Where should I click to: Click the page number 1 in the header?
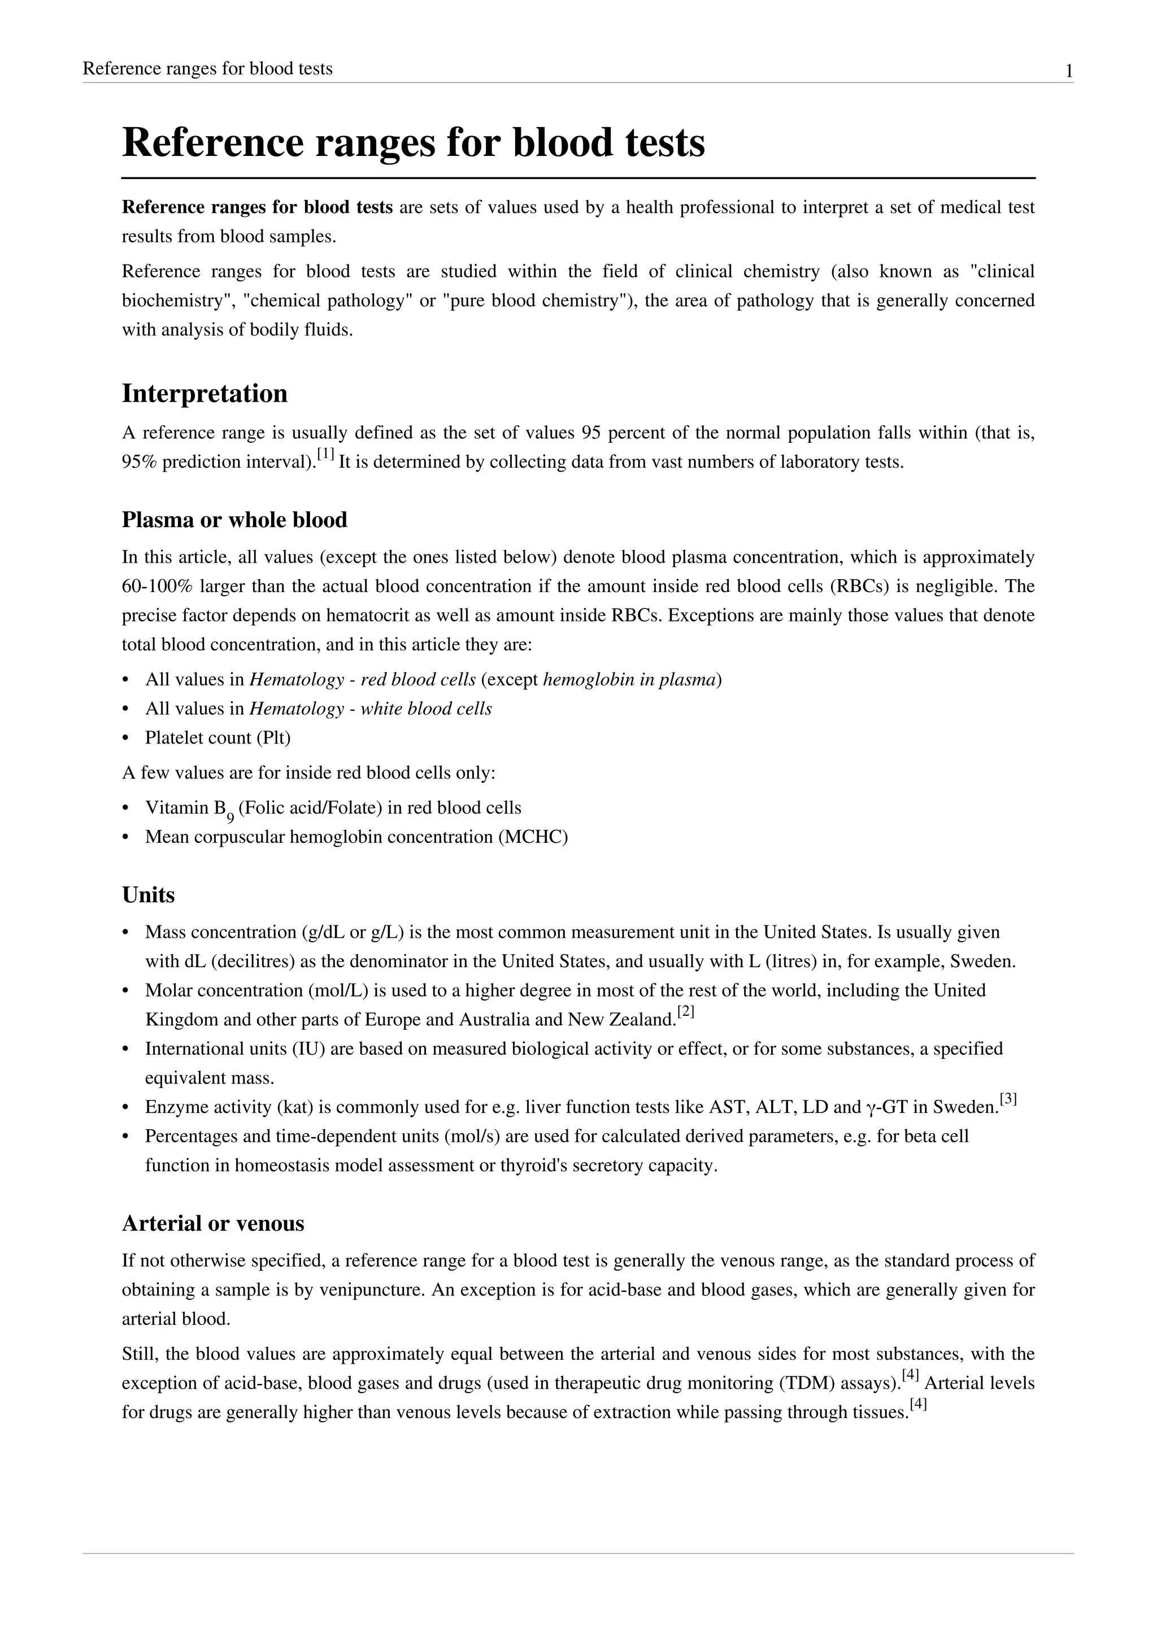point(1069,71)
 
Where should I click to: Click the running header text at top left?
point(207,68)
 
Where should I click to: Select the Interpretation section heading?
point(205,393)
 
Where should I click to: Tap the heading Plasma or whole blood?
point(234,520)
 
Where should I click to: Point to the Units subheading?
point(148,894)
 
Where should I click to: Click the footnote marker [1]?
point(325,453)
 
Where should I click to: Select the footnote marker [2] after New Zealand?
point(685,1011)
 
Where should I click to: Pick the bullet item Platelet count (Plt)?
point(218,737)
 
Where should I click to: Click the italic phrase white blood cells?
point(426,708)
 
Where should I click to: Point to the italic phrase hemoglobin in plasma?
point(629,679)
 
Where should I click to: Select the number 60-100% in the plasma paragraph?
point(155,586)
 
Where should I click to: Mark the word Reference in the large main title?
point(212,142)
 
